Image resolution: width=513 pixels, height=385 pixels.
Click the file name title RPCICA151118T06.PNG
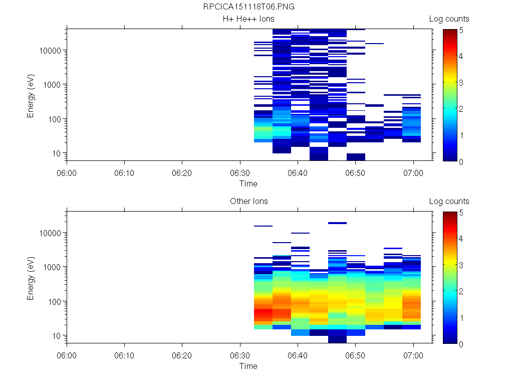click(248, 7)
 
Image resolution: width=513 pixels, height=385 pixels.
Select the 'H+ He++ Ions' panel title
click(248, 19)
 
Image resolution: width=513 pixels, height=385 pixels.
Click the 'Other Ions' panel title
click(248, 202)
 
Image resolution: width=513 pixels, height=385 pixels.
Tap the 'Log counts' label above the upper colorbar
click(449, 19)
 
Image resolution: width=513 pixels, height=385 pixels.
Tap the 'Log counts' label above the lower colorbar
click(449, 202)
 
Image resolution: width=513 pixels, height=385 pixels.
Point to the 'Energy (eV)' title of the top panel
click(31, 95)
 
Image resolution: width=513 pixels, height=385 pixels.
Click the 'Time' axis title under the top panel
click(248, 183)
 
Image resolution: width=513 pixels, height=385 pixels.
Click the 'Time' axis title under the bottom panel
click(248, 366)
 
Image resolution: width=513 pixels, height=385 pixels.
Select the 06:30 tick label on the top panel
click(240, 172)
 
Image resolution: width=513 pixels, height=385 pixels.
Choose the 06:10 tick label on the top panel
click(125, 172)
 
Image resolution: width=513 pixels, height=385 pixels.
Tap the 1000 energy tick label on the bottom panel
click(52, 267)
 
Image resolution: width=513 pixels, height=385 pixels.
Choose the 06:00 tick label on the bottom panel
click(67, 355)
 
